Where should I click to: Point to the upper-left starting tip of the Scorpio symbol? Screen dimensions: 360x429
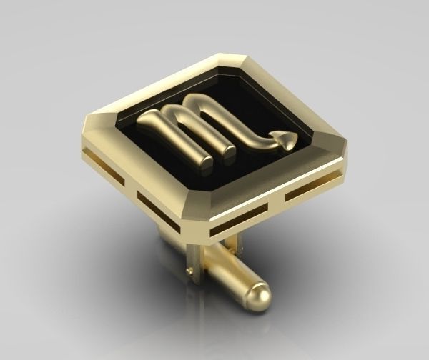142,121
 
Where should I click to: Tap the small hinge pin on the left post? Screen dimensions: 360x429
188,271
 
